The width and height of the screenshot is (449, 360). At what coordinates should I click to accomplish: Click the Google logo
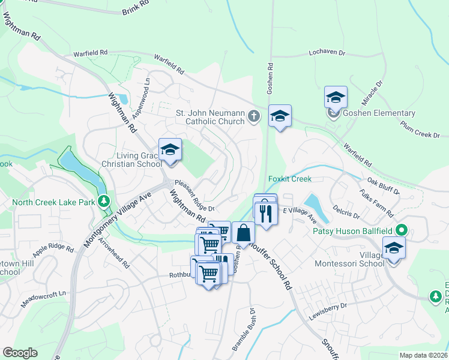20,353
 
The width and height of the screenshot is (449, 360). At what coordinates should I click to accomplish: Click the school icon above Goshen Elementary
336,97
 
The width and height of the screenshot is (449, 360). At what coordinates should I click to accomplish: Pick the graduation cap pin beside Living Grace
170,150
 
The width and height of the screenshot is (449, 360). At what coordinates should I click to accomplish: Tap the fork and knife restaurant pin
264,213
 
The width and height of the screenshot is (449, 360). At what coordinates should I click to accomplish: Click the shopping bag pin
243,232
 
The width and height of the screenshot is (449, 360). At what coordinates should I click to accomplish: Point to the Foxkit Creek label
290,179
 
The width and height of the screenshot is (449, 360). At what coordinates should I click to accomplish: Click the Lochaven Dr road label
327,53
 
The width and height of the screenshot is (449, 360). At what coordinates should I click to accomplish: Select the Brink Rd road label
135,7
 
